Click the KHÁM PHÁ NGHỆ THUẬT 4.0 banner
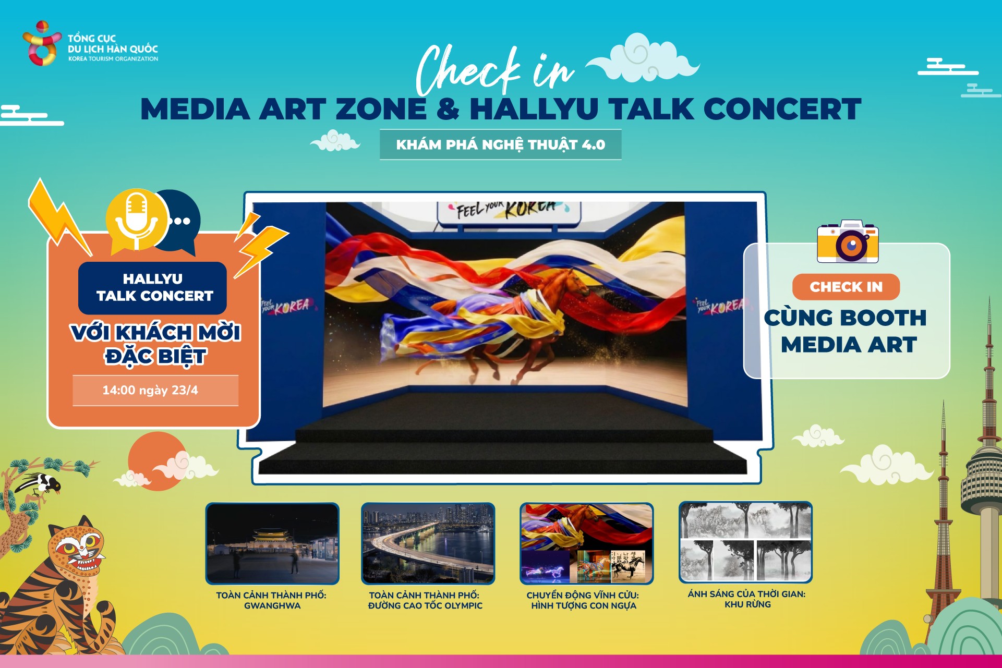[x=500, y=144]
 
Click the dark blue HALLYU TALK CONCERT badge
[x=153, y=287]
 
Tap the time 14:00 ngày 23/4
[x=150, y=390]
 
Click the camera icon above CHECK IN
[x=848, y=241]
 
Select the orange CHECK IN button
[x=846, y=287]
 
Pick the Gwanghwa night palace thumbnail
[x=272, y=543]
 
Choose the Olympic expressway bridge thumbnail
[x=428, y=543]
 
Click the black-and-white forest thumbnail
[x=745, y=542]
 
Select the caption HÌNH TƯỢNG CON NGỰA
[x=584, y=606]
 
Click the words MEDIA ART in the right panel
[x=849, y=345]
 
